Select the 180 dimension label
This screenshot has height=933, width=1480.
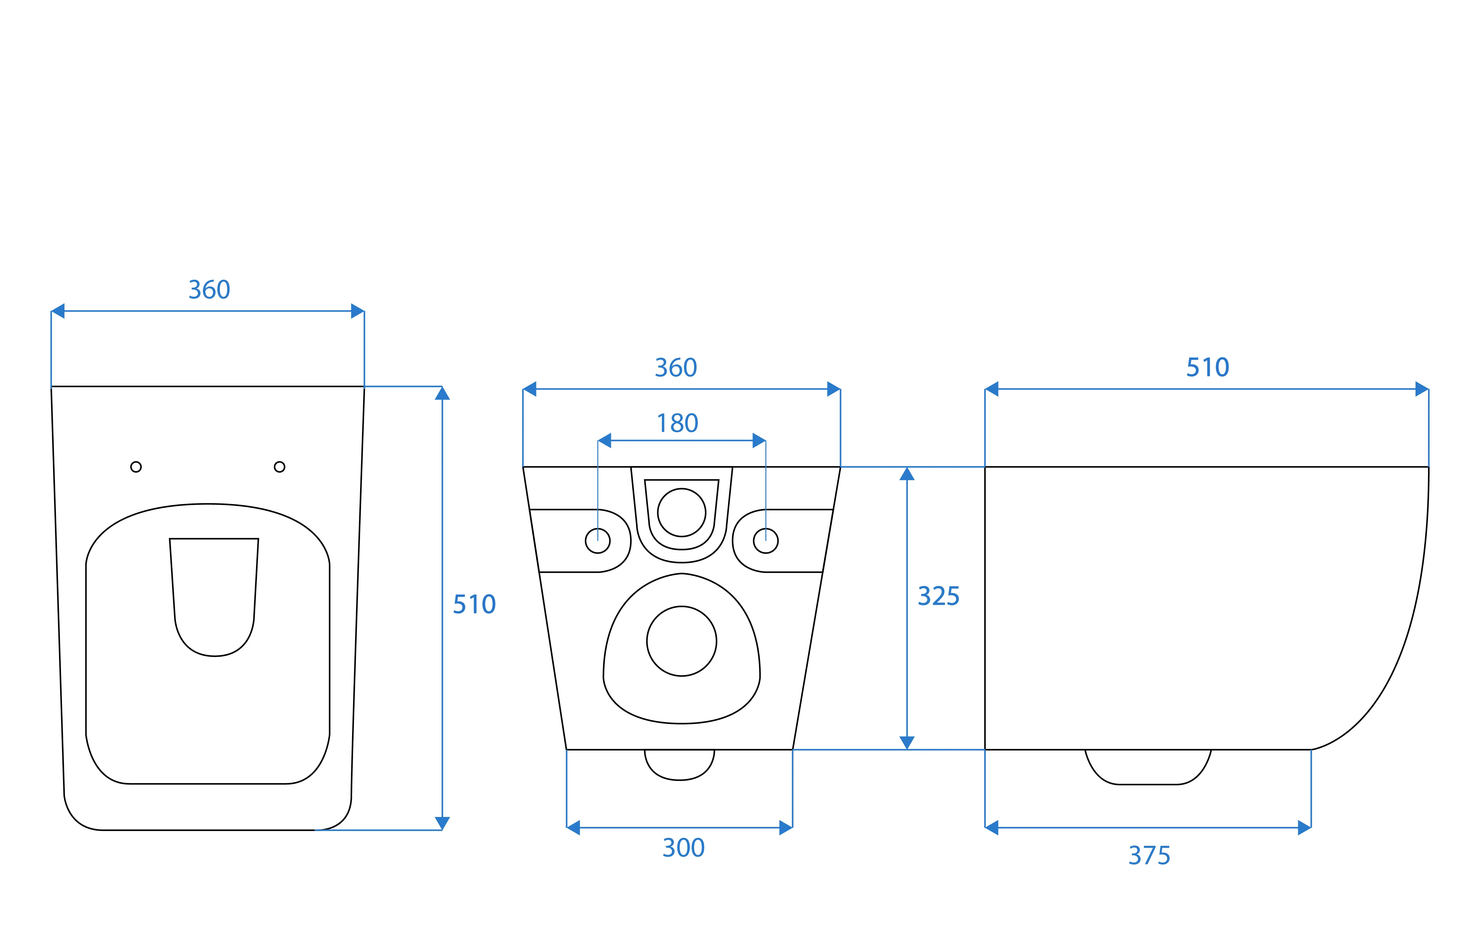[x=677, y=423]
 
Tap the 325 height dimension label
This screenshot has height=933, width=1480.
[x=938, y=596]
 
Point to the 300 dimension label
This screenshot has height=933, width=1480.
[x=683, y=848]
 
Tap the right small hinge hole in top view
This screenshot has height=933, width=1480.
[x=280, y=467]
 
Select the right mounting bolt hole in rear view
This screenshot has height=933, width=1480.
[x=766, y=541]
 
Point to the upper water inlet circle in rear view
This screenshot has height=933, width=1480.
[x=682, y=513]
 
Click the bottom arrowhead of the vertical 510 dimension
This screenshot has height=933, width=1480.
[x=442, y=824]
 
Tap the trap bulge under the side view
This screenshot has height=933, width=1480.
[x=1148, y=767]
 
